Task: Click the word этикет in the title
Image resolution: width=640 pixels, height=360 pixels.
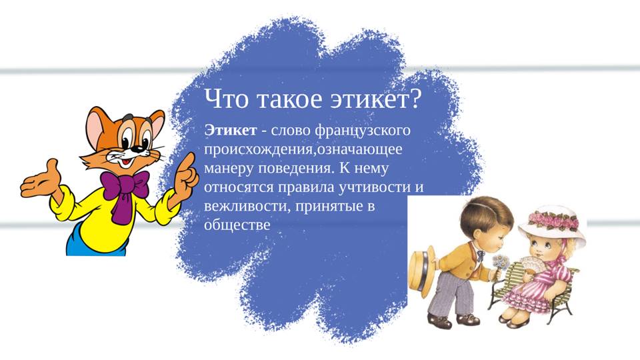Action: (369, 99)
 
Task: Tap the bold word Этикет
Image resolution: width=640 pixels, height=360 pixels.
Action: (231, 130)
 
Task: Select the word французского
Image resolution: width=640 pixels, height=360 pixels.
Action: (363, 131)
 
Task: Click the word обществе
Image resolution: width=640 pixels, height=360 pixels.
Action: (237, 225)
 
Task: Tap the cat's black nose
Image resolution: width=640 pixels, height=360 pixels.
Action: (140, 149)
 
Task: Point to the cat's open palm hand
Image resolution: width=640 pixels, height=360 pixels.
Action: (41, 179)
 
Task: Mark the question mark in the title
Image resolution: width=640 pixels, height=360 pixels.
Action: (414, 99)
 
